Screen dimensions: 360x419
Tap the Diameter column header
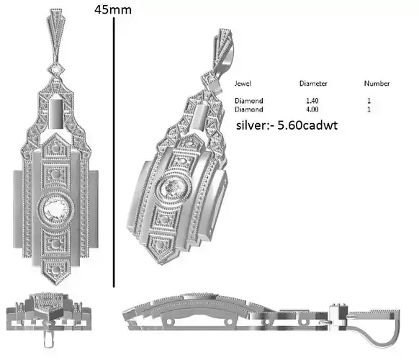point(313,84)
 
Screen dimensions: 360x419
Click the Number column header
point(377,84)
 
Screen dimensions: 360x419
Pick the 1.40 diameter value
point(313,100)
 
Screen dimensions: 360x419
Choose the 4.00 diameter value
point(313,109)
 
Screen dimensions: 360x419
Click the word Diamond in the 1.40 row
point(249,100)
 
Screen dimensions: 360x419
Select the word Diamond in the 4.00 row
point(249,109)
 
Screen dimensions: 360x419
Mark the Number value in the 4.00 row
point(369,109)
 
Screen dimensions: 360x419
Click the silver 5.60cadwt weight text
point(287,125)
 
